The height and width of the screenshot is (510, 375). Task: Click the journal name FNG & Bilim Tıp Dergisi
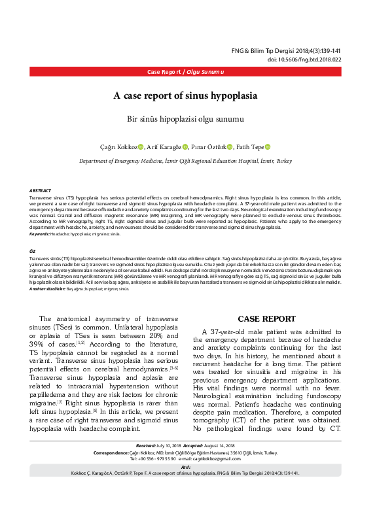[274, 50]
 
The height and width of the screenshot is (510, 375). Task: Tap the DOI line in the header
[304, 59]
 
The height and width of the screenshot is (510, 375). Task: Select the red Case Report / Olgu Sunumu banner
[187, 71]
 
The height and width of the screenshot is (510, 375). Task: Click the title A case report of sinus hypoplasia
[185, 95]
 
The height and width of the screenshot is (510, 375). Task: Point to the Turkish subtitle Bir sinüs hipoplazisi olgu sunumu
[185, 119]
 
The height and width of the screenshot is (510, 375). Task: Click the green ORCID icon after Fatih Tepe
[268, 147]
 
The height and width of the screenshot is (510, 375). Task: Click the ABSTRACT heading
[41, 190]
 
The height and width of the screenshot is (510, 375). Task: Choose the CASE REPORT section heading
[266, 318]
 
